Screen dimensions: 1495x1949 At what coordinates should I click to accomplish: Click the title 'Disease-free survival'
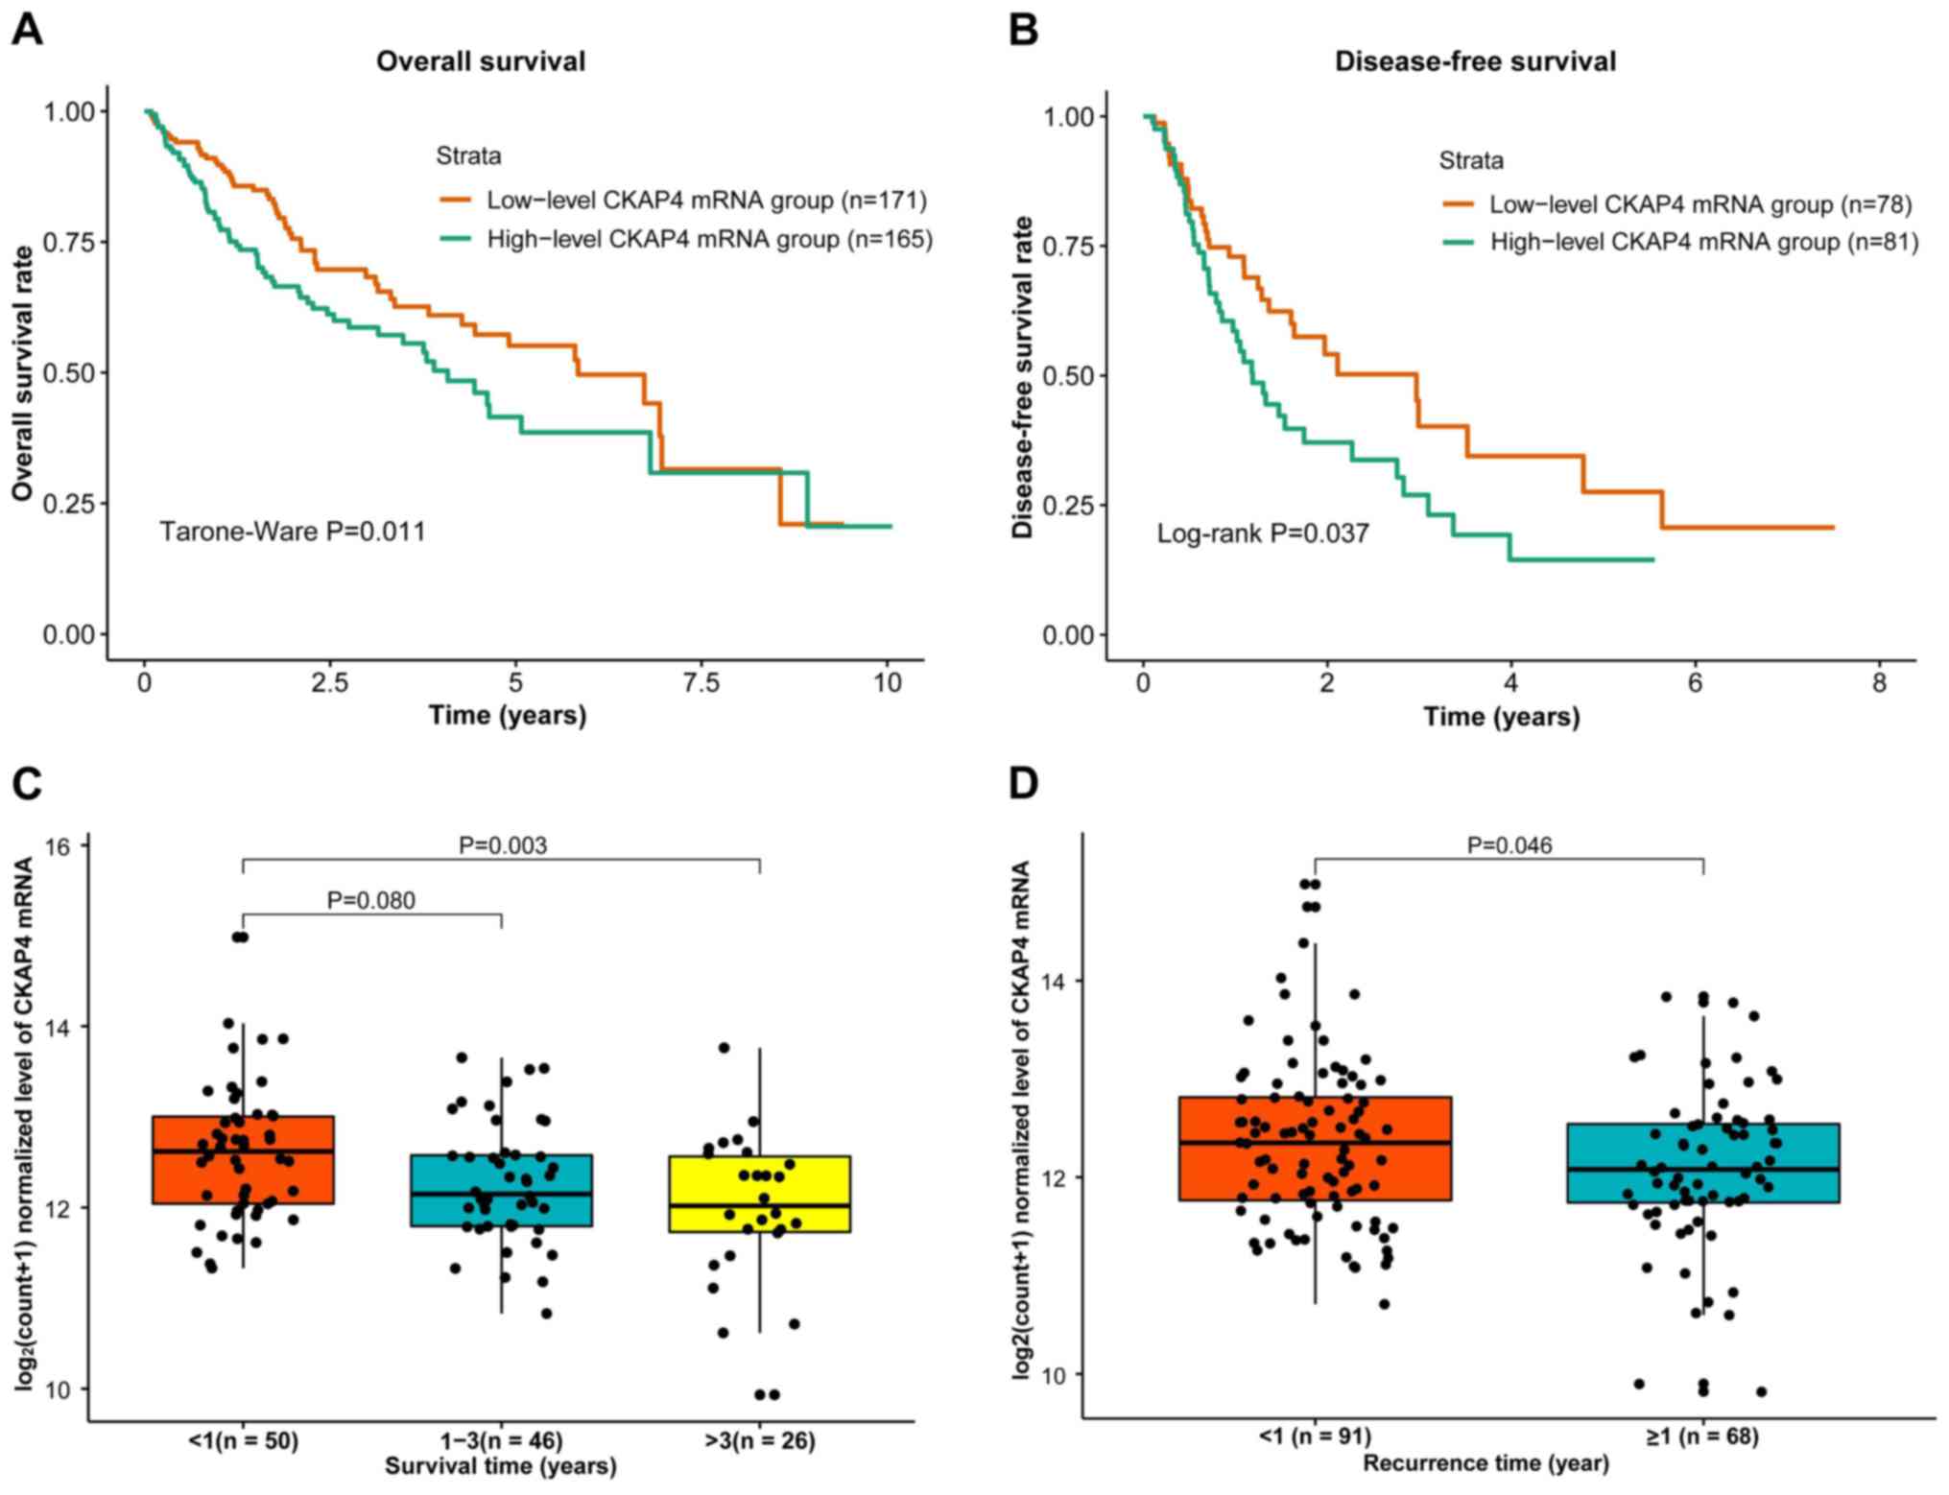(x=1475, y=61)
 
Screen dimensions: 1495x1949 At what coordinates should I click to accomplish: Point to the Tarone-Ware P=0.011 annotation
(x=292, y=532)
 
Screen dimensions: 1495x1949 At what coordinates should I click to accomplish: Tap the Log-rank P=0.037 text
(x=1262, y=534)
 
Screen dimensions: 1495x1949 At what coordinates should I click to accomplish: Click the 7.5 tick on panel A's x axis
(x=701, y=683)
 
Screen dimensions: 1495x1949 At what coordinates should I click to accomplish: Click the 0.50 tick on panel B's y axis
(x=1068, y=376)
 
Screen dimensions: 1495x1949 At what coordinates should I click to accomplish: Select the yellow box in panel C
(x=760, y=1194)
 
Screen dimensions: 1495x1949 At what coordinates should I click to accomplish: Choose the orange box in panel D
(x=1315, y=1148)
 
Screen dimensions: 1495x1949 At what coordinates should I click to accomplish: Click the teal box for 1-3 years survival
(x=501, y=1190)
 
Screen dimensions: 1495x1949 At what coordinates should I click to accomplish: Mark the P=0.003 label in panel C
(x=503, y=845)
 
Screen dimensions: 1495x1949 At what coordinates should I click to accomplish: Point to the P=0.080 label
(x=371, y=900)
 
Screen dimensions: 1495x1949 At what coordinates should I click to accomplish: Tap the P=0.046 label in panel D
(x=1509, y=845)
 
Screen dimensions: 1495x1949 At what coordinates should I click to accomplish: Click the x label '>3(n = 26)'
(x=760, y=1440)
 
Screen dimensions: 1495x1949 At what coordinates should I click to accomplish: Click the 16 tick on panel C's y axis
(x=59, y=845)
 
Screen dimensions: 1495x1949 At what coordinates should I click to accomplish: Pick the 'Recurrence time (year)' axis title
(x=1486, y=1463)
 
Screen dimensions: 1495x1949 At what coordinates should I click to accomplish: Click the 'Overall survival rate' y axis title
(x=23, y=373)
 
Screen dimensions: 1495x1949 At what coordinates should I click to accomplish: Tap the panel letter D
(x=1023, y=784)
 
